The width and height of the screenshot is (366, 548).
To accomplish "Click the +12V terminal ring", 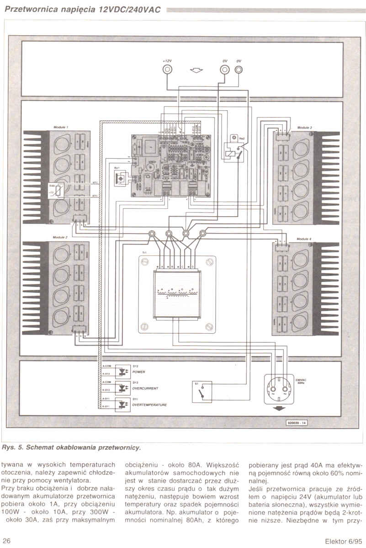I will [x=168, y=69].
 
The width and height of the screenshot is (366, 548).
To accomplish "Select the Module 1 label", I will [x=60, y=126].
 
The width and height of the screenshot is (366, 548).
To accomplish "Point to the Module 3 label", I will [x=304, y=127].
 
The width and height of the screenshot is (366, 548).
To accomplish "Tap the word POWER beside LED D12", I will [x=139, y=372].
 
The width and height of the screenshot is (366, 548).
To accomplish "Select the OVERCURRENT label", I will [x=145, y=388].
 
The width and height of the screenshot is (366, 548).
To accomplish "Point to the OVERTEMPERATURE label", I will [x=149, y=405].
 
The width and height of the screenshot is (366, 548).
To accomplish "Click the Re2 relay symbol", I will [x=233, y=151].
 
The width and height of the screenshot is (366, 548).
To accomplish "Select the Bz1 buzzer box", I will [x=119, y=178].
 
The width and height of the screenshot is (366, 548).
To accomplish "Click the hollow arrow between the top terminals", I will [x=196, y=70].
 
